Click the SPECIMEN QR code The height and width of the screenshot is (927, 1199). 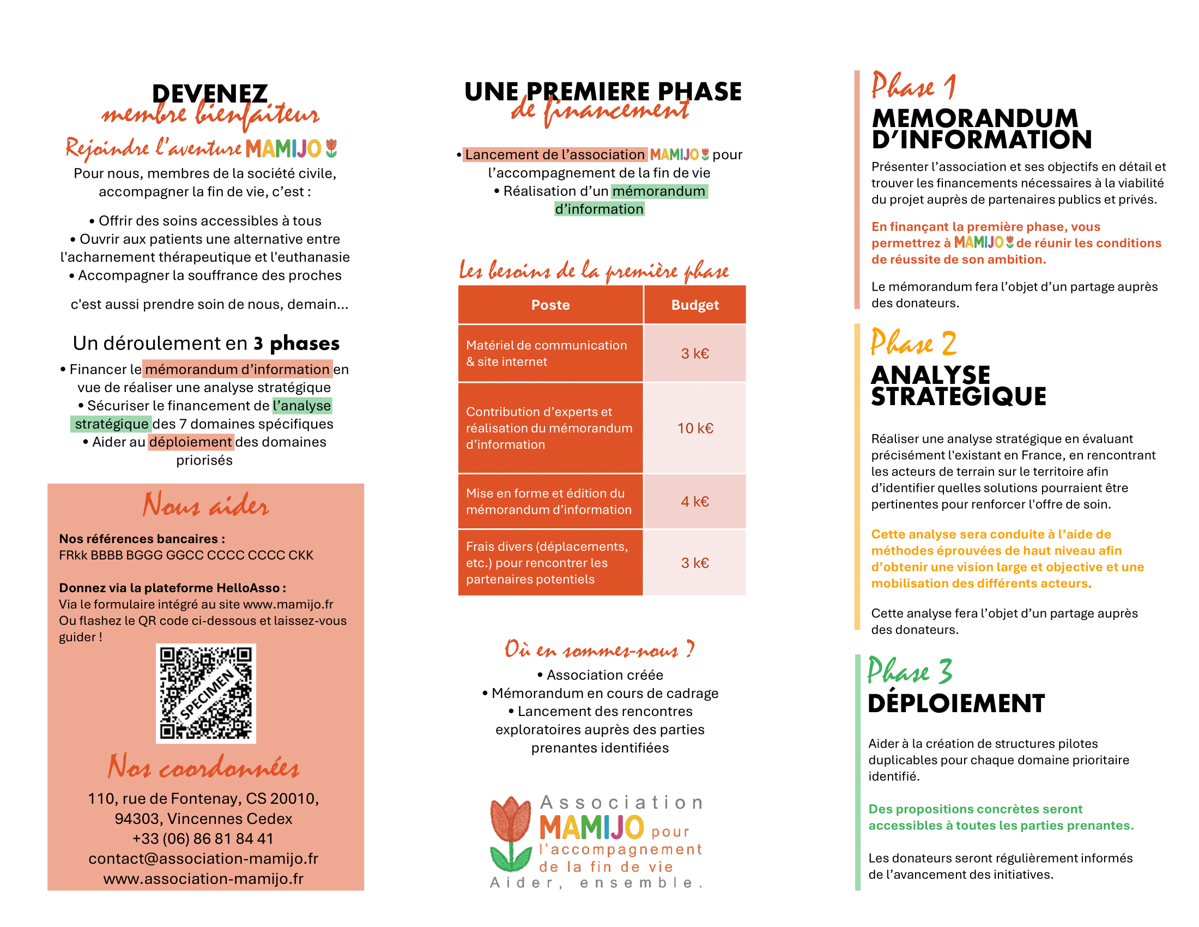206,693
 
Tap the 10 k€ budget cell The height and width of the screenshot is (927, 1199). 694,429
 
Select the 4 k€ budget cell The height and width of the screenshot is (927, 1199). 694,501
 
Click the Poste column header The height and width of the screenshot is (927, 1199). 550,305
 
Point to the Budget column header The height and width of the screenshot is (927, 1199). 694,305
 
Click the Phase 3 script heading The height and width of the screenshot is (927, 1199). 910,671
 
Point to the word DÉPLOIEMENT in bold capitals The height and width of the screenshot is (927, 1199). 956,703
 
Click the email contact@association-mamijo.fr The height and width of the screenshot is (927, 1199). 203,858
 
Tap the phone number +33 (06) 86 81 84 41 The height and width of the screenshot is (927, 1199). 203,839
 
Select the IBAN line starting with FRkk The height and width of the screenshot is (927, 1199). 186,555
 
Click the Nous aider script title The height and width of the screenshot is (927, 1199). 206,505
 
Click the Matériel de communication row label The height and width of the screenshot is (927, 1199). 546,353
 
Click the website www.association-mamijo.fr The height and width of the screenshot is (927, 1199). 203,878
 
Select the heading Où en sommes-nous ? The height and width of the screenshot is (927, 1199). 599,649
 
